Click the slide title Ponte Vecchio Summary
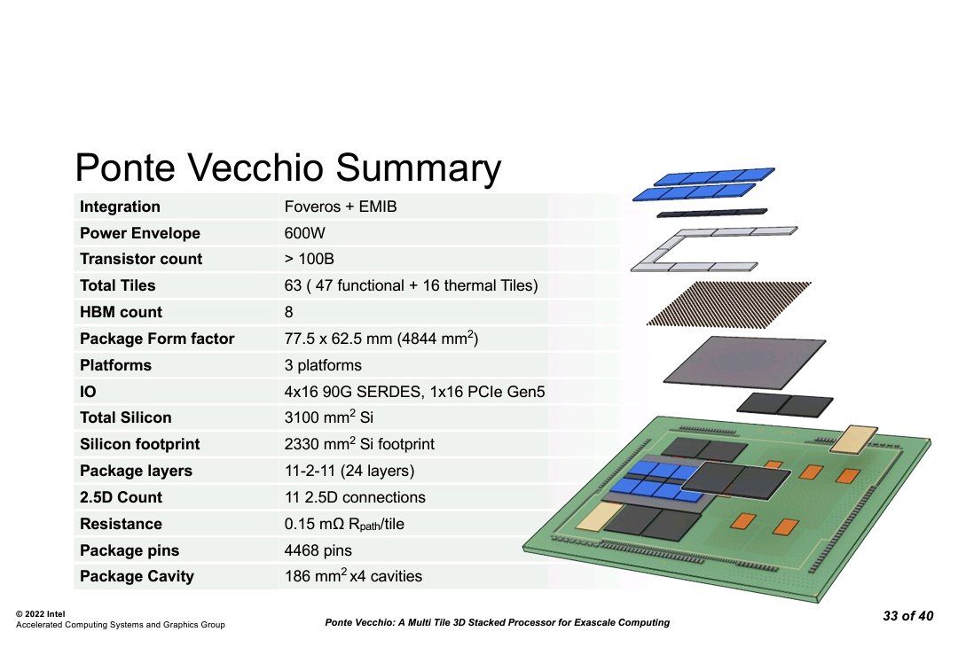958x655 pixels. click(287, 168)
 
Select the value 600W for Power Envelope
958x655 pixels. click(304, 233)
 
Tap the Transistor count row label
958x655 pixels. click(140, 259)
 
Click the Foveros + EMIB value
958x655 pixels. click(341, 207)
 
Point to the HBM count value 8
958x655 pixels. click(288, 312)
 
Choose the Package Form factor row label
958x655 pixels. click(157, 339)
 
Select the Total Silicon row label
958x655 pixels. click(125, 417)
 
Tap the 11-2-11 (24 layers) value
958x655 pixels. click(349, 471)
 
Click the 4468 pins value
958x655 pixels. click(318, 550)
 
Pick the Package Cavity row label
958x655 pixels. click(137, 577)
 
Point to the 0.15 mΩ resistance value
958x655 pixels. click(344, 525)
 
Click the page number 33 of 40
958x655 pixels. click(908, 616)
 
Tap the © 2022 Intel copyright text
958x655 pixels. click(40, 614)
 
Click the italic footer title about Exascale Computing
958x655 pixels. click(498, 622)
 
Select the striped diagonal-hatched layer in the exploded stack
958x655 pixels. click(729, 303)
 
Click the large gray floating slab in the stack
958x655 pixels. click(744, 362)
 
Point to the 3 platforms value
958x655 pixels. click(323, 365)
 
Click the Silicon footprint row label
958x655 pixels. click(139, 444)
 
